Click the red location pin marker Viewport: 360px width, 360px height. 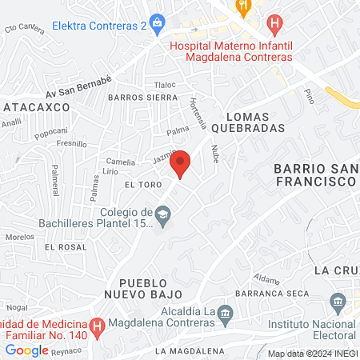[x=182, y=163]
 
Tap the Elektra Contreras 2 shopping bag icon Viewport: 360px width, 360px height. [x=158, y=22]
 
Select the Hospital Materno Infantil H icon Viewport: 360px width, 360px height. [x=276, y=25]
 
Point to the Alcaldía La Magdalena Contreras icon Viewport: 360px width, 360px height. [x=226, y=312]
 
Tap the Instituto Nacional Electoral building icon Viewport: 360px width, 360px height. [x=338, y=302]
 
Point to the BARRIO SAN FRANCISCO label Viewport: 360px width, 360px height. [x=314, y=175]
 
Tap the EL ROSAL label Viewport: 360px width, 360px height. [x=65, y=247]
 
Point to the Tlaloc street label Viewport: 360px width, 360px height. [x=165, y=85]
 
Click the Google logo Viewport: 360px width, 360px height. [x=27, y=350]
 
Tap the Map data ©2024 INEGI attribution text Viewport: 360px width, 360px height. [x=313, y=354]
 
